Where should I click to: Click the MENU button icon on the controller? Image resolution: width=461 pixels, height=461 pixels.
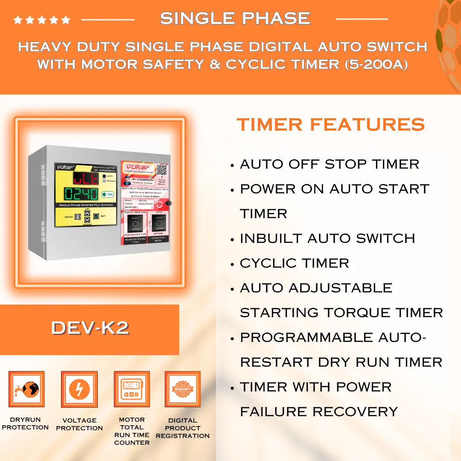(x=78, y=217)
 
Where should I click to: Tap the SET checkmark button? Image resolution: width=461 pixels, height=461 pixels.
(x=96, y=216)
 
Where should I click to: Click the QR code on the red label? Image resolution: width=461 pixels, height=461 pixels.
(x=161, y=170)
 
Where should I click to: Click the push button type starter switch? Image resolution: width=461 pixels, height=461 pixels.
(x=135, y=223)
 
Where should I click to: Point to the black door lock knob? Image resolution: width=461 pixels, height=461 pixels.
(x=169, y=203)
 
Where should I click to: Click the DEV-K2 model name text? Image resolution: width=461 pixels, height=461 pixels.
(x=90, y=328)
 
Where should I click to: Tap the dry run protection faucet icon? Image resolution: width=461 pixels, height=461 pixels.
(x=26, y=389)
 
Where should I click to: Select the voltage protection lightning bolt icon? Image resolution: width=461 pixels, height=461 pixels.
(x=79, y=389)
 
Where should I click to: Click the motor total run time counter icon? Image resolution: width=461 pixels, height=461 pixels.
(x=131, y=389)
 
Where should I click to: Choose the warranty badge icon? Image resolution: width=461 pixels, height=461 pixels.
(x=183, y=389)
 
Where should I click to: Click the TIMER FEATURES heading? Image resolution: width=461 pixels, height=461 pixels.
(x=331, y=125)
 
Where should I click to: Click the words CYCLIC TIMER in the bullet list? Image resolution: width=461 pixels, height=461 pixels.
(x=295, y=263)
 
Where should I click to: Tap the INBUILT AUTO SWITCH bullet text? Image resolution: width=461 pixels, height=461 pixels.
(x=327, y=238)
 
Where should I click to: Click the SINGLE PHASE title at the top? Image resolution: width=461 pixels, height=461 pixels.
(x=235, y=18)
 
